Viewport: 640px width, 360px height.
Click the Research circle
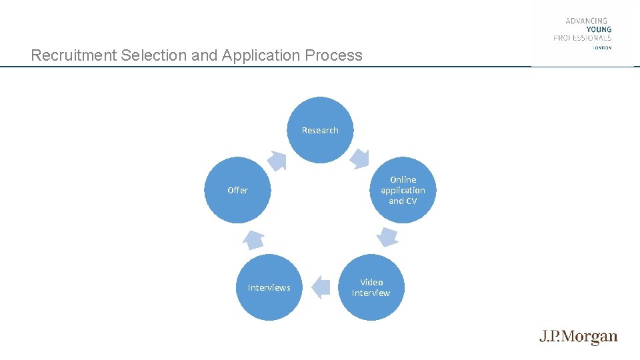[320, 130]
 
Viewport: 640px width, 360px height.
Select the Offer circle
[237, 190]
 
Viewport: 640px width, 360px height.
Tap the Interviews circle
[269, 287]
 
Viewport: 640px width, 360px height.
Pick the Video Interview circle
[371, 287]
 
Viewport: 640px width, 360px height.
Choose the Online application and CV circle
[403, 190]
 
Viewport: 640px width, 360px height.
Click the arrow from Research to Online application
[360, 157]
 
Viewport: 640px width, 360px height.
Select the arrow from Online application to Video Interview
[387, 237]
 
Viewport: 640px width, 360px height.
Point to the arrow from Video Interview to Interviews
[321, 287]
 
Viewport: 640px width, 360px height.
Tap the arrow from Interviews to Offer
[253, 238]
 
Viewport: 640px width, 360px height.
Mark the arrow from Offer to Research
[277, 160]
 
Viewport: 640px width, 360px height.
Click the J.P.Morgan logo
[579, 337]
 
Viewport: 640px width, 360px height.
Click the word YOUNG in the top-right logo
[598, 29]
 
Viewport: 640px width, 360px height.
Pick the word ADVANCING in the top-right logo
[587, 21]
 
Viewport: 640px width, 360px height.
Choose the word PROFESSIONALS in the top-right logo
[582, 38]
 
